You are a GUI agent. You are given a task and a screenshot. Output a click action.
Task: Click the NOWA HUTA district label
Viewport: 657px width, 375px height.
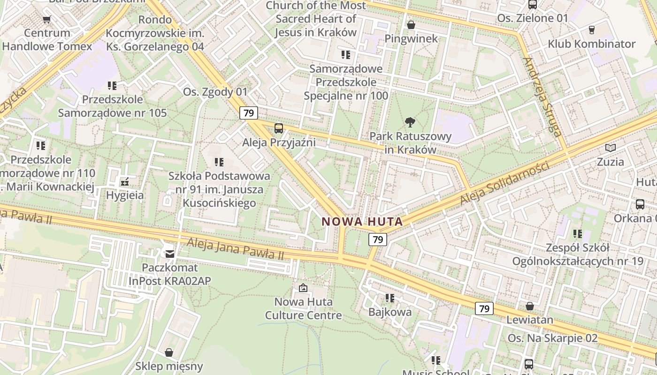point(362,222)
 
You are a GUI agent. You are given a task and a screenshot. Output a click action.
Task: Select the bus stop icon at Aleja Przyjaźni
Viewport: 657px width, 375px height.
point(279,128)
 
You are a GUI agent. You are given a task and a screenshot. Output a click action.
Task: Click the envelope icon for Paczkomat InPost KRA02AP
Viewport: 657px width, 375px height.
point(169,254)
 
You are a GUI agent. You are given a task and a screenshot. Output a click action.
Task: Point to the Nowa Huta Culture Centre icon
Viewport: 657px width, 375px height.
point(303,288)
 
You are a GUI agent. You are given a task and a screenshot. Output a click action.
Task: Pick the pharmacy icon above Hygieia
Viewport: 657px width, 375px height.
point(124,181)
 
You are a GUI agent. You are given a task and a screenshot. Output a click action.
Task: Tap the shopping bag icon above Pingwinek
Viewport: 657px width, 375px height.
point(411,25)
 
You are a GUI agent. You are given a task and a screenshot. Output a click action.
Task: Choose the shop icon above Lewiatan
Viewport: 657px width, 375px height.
point(530,306)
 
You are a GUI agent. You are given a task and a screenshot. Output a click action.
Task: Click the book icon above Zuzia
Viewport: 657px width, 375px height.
point(610,148)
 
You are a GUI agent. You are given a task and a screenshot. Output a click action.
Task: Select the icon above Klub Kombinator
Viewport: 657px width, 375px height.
point(591,30)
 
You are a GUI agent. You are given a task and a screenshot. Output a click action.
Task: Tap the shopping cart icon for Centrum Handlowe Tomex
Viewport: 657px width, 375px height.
point(46,19)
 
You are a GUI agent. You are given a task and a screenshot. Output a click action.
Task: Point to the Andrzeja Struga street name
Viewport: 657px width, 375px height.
point(542,97)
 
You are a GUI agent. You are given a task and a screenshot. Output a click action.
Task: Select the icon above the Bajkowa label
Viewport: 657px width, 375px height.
point(390,298)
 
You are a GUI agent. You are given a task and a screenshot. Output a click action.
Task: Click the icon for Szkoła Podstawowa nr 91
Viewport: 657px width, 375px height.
point(219,162)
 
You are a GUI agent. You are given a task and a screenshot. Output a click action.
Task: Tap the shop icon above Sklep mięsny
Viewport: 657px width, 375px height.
point(169,352)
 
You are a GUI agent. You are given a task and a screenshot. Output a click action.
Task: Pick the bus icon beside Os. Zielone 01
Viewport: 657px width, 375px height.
point(533,5)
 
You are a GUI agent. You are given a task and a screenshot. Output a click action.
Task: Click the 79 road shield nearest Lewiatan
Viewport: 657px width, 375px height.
point(484,308)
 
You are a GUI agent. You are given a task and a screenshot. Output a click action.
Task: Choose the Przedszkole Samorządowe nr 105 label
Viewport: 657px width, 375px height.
point(112,106)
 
